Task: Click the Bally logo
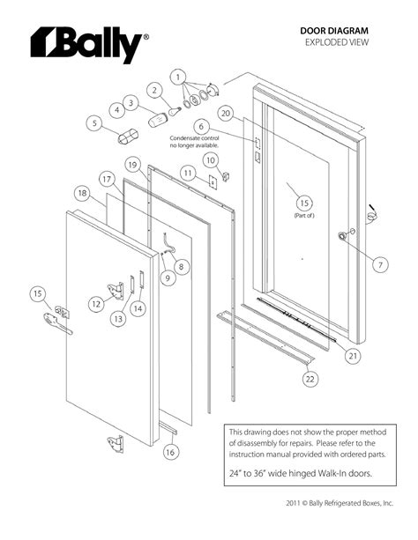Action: (86, 44)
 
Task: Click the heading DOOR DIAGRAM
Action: (335, 30)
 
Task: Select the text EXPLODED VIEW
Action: (336, 42)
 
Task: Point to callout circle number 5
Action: (93, 123)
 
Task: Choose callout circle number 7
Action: (379, 264)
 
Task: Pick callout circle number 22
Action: (310, 379)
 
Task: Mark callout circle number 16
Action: (170, 451)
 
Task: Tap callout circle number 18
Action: (81, 193)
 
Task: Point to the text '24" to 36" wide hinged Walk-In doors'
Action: (300, 474)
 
